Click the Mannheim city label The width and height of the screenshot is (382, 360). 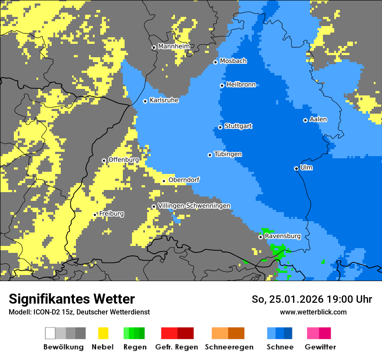tap(174, 46)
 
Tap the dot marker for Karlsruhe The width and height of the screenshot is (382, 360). tap(145, 101)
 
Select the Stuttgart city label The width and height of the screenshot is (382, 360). tap(238, 126)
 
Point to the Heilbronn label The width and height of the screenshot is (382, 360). tap(241, 85)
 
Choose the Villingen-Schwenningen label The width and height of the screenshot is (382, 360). tap(194, 206)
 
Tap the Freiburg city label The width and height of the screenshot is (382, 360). tap(111, 214)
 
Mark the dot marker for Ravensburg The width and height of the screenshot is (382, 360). tap(260, 237)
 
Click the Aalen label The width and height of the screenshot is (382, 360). tap(318, 119)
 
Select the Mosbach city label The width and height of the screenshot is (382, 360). tap(233, 61)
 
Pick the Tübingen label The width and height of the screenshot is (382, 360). tap(228, 154)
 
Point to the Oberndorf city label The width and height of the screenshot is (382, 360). tap(184, 180)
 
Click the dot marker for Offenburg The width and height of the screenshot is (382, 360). tap(104, 160)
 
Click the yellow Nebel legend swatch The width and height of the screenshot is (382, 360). tap(103, 333)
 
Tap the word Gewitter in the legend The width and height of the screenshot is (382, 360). tap(320, 347)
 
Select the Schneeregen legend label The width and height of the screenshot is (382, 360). tap(229, 347)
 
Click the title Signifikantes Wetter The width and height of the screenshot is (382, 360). tap(72, 299)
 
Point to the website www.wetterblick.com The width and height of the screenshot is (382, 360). tap(313, 312)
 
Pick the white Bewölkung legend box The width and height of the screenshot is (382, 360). tap(50, 333)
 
